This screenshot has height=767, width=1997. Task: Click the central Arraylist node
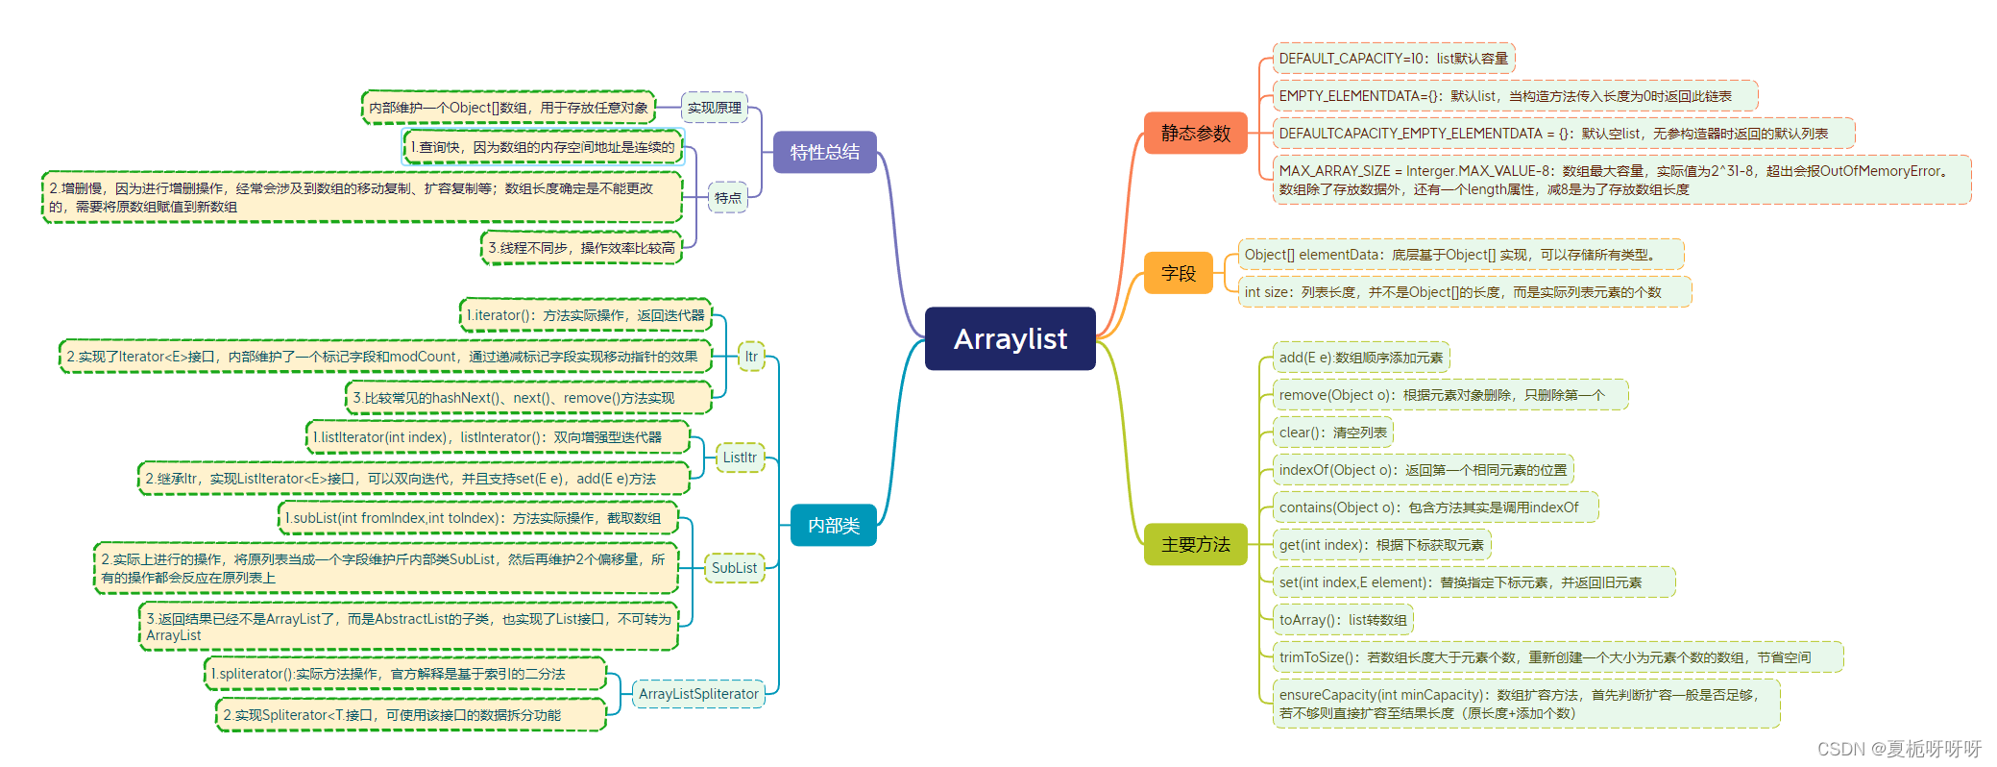pos(1010,338)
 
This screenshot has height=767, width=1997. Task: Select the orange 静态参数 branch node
pos(1195,134)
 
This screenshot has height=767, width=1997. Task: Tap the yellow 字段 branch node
pos(1178,273)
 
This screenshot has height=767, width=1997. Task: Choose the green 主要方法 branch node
pos(1195,544)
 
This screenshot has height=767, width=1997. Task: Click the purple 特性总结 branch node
pos(824,152)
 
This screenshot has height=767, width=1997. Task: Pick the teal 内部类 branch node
pos(833,525)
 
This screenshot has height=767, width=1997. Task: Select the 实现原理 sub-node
pos(714,108)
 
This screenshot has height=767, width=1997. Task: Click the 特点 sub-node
pos(727,197)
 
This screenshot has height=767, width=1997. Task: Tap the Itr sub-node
pos(751,357)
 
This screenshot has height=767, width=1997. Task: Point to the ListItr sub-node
pos(740,458)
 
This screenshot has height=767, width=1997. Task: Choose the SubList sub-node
pos(734,568)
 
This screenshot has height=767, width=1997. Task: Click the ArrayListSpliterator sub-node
pos(698,694)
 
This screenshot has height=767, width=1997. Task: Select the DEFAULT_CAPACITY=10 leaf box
pos(1393,59)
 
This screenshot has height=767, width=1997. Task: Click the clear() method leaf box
pos(1332,433)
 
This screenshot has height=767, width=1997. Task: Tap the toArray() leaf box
pos(1342,620)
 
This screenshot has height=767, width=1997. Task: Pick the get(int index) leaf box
pos(1380,545)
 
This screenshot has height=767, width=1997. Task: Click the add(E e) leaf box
pos(1360,358)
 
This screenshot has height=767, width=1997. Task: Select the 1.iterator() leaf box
pos(585,315)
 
